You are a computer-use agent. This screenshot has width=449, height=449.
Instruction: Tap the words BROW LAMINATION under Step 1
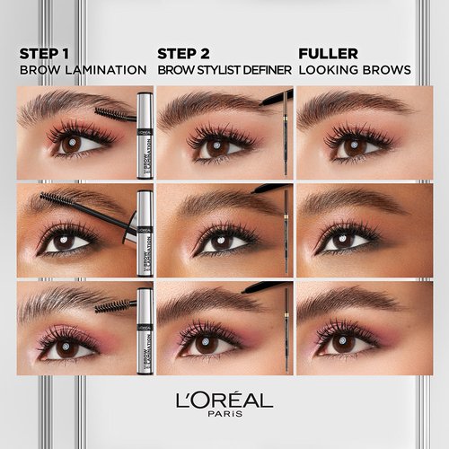[83, 69]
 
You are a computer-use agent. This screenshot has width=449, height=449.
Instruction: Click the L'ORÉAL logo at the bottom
[224, 399]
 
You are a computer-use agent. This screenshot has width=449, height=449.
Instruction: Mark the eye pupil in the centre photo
[212, 242]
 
